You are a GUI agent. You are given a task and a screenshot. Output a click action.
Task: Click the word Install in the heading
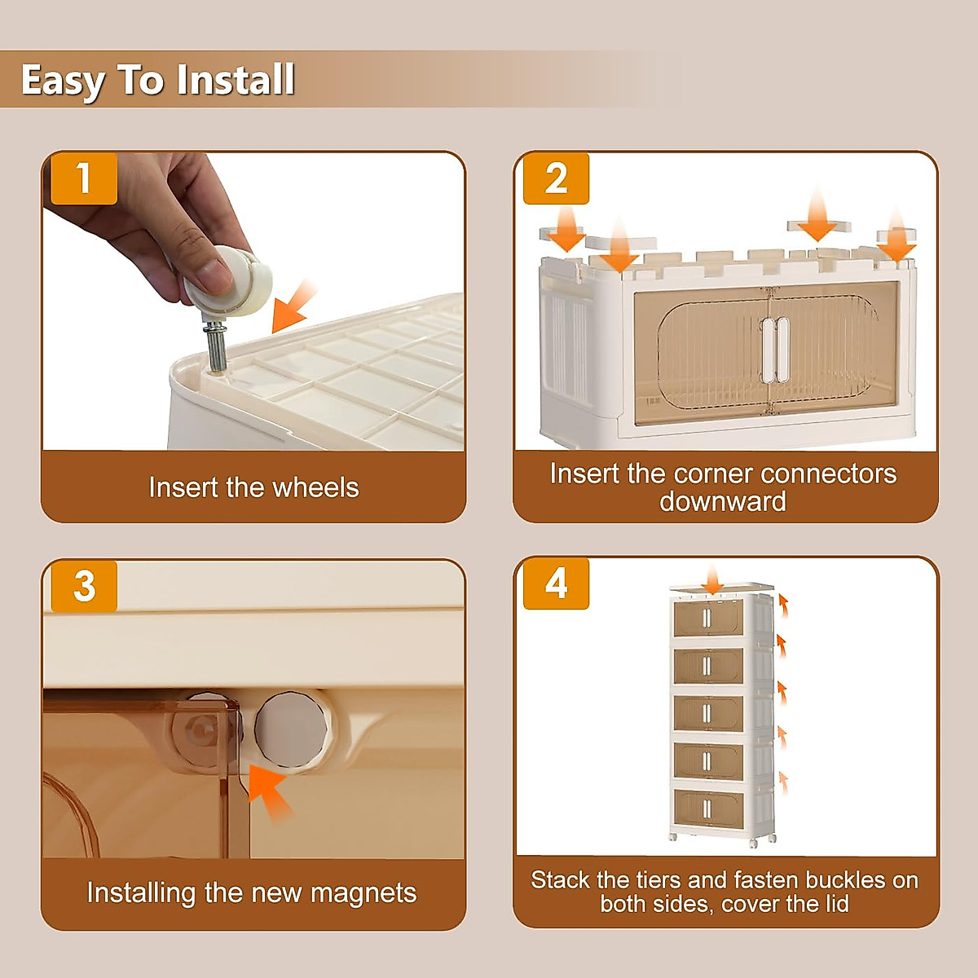click(236, 80)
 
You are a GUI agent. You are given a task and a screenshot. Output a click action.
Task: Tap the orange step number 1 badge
click(84, 178)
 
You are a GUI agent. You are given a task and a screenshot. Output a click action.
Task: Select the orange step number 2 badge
click(557, 178)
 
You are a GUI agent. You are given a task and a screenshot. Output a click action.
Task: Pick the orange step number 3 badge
click(84, 586)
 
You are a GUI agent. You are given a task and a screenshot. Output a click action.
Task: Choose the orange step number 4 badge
click(557, 584)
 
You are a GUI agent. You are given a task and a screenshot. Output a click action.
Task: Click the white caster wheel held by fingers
click(228, 280)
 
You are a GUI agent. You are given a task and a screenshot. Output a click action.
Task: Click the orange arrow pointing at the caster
click(293, 306)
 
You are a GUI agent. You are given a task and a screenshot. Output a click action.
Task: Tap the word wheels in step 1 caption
click(315, 487)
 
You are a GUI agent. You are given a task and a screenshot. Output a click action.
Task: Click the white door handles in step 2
click(776, 350)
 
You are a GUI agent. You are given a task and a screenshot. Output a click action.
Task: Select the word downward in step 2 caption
click(723, 501)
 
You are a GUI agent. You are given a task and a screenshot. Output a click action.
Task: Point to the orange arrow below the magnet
click(269, 794)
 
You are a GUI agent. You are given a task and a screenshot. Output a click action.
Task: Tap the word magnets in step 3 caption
click(363, 893)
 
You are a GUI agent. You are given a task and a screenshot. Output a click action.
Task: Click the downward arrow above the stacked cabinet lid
click(714, 579)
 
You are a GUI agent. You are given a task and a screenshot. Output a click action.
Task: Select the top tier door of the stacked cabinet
click(708, 618)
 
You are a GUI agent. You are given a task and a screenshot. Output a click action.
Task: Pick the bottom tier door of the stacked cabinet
click(708, 806)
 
